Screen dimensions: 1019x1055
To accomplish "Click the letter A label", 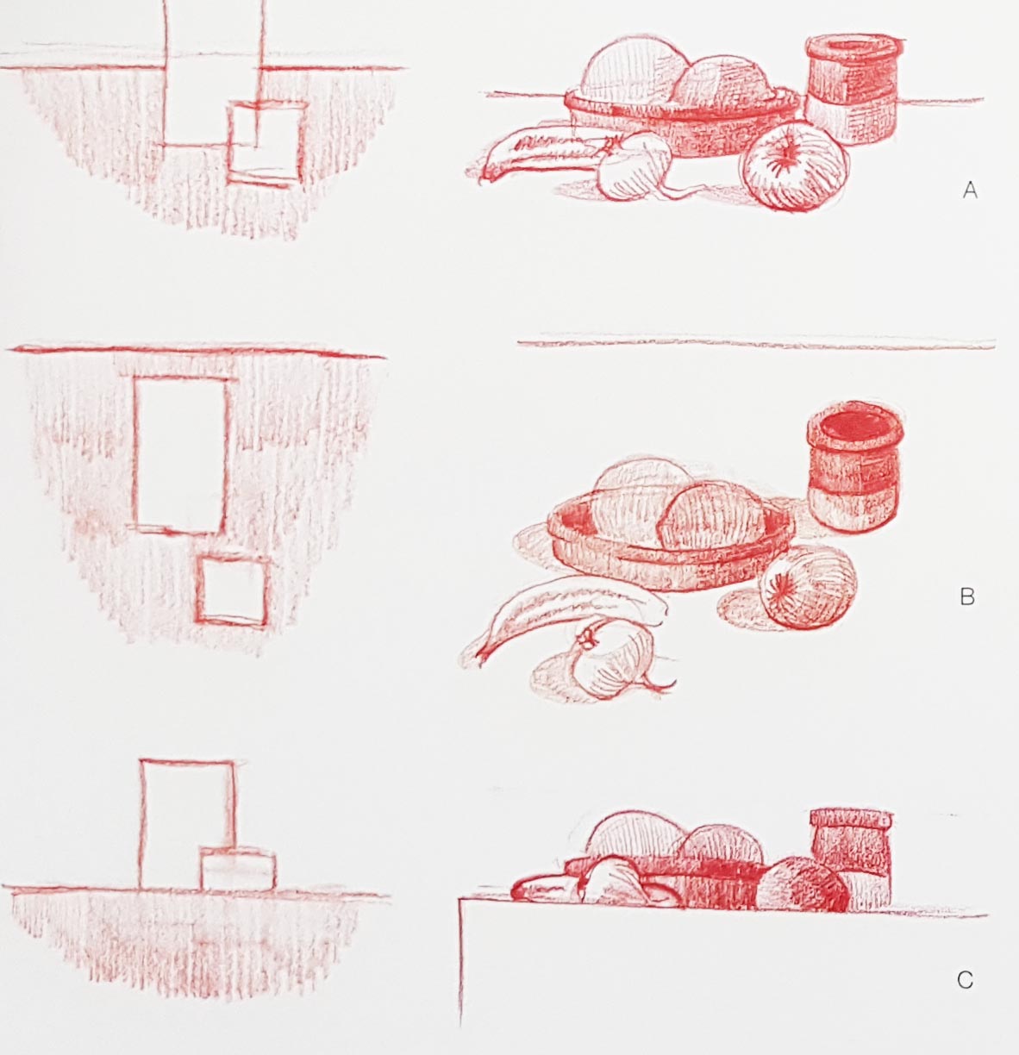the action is point(970,190).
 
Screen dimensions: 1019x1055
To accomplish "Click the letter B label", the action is point(967,596).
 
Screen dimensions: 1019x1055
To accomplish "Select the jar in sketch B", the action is point(853,468).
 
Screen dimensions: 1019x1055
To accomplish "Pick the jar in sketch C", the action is point(851,858).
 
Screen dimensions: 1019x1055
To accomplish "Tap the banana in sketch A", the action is point(542,154).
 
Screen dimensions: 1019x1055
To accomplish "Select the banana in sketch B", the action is point(564,615).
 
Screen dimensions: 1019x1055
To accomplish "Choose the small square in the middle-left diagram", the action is point(232,591).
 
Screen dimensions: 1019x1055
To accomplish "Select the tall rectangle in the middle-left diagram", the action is point(180,454).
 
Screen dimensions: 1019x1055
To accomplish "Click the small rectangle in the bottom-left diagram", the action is point(238,870).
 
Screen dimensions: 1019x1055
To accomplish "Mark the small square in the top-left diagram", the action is point(266,142).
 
